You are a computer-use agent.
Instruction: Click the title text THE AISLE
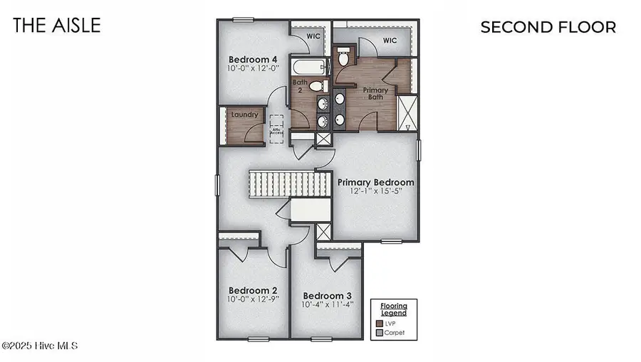click(x=57, y=26)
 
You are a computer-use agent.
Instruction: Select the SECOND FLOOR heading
click(x=548, y=28)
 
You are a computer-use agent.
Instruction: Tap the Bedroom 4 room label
click(x=253, y=59)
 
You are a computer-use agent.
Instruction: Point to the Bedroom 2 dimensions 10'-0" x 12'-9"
click(x=253, y=299)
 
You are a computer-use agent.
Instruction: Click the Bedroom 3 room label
click(x=328, y=296)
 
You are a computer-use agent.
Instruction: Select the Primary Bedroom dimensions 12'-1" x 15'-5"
click(x=375, y=192)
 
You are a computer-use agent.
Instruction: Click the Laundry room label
click(x=244, y=114)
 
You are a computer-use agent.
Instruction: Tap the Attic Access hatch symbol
click(x=276, y=129)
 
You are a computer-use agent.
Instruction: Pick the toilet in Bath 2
click(x=318, y=86)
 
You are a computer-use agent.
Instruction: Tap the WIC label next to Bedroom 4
click(x=313, y=35)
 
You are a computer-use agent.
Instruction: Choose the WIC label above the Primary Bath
click(x=389, y=41)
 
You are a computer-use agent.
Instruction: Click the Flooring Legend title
click(x=393, y=309)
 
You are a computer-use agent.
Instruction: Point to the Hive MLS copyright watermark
click(x=39, y=346)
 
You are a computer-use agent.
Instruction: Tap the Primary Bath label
click(x=375, y=94)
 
